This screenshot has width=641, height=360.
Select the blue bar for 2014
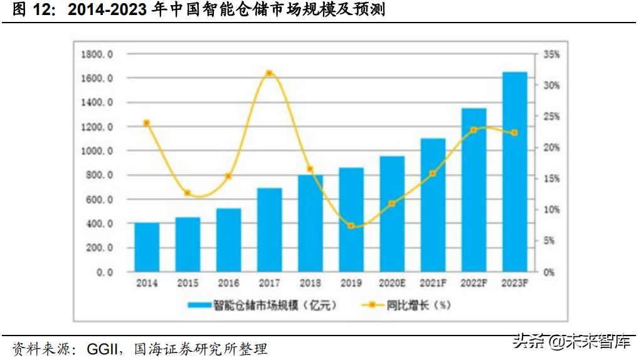coord(147,248)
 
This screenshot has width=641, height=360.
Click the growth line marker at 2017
coord(269,73)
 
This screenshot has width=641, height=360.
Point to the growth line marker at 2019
coord(351,226)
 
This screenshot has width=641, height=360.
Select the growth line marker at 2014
coord(147,123)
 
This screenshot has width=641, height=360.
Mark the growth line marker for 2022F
coord(474,130)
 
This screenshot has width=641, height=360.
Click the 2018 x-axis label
coord(310,283)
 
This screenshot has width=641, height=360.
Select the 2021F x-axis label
coord(433,283)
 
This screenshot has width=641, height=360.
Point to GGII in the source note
coord(100,349)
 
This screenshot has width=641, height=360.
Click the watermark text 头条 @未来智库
coord(571,342)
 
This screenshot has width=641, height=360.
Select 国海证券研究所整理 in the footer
coord(201,349)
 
